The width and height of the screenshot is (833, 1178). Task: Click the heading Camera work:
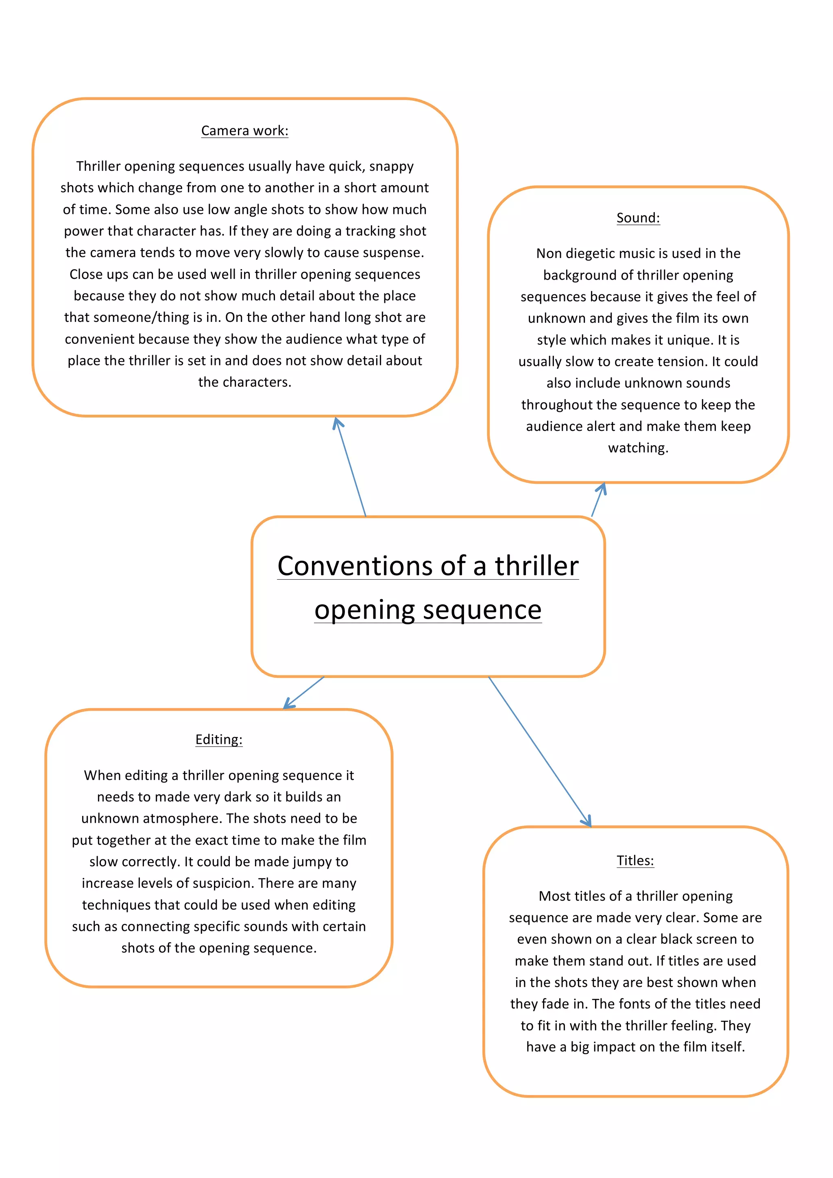tap(244, 131)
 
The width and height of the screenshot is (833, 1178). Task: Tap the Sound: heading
tap(638, 218)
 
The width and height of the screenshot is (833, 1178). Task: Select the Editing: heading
tap(219, 739)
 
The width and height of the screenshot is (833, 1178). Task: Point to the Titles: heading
tap(635, 861)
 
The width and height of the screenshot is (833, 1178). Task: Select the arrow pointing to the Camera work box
tap(350, 467)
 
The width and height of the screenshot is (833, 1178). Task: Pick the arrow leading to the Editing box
tap(304, 693)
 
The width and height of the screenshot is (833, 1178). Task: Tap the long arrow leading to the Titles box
tap(539, 751)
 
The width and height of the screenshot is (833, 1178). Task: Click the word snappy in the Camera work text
tap(392, 166)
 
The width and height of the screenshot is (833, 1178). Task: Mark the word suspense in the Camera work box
tap(395, 252)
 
